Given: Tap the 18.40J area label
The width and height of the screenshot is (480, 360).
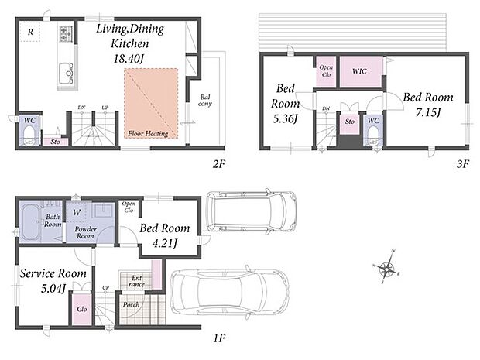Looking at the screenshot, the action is point(129,58).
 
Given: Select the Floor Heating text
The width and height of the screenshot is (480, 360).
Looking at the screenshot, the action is point(148,133).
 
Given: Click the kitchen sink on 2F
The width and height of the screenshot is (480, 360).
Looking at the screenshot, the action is point(66,74).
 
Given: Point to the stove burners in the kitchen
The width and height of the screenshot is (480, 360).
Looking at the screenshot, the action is point(66,33).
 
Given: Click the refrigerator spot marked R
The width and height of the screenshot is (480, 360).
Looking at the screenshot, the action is point(30,32).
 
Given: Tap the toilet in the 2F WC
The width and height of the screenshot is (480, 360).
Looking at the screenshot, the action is point(29,135).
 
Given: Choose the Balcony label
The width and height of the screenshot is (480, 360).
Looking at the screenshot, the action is point(205,101).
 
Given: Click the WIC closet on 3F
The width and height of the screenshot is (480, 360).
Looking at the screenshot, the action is point(361,72).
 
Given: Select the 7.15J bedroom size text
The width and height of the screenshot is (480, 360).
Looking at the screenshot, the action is point(427,113).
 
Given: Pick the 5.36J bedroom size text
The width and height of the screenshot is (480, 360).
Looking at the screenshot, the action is point(285,118).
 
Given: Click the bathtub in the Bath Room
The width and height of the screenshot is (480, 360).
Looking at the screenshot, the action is point(30,222).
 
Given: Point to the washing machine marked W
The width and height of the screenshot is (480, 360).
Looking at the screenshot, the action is point(77,212).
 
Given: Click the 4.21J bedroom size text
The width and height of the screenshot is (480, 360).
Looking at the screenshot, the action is point(165,243).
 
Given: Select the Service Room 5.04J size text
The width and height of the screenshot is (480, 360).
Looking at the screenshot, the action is point(53,288).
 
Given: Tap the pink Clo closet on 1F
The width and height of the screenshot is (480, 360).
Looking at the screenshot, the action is point(82,309).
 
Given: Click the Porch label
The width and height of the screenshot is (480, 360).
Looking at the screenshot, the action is point(132,305).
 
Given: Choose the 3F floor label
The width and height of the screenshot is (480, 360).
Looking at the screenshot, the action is point(463,164).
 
